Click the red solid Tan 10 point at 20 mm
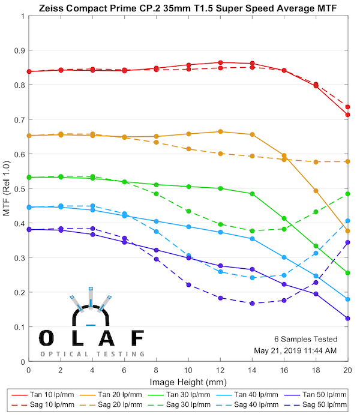347,115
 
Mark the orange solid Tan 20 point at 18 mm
316,191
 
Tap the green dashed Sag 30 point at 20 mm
347,194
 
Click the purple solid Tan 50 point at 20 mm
347,318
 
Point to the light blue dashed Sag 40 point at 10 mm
188,256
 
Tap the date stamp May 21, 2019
302,350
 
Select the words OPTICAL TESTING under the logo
92,354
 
